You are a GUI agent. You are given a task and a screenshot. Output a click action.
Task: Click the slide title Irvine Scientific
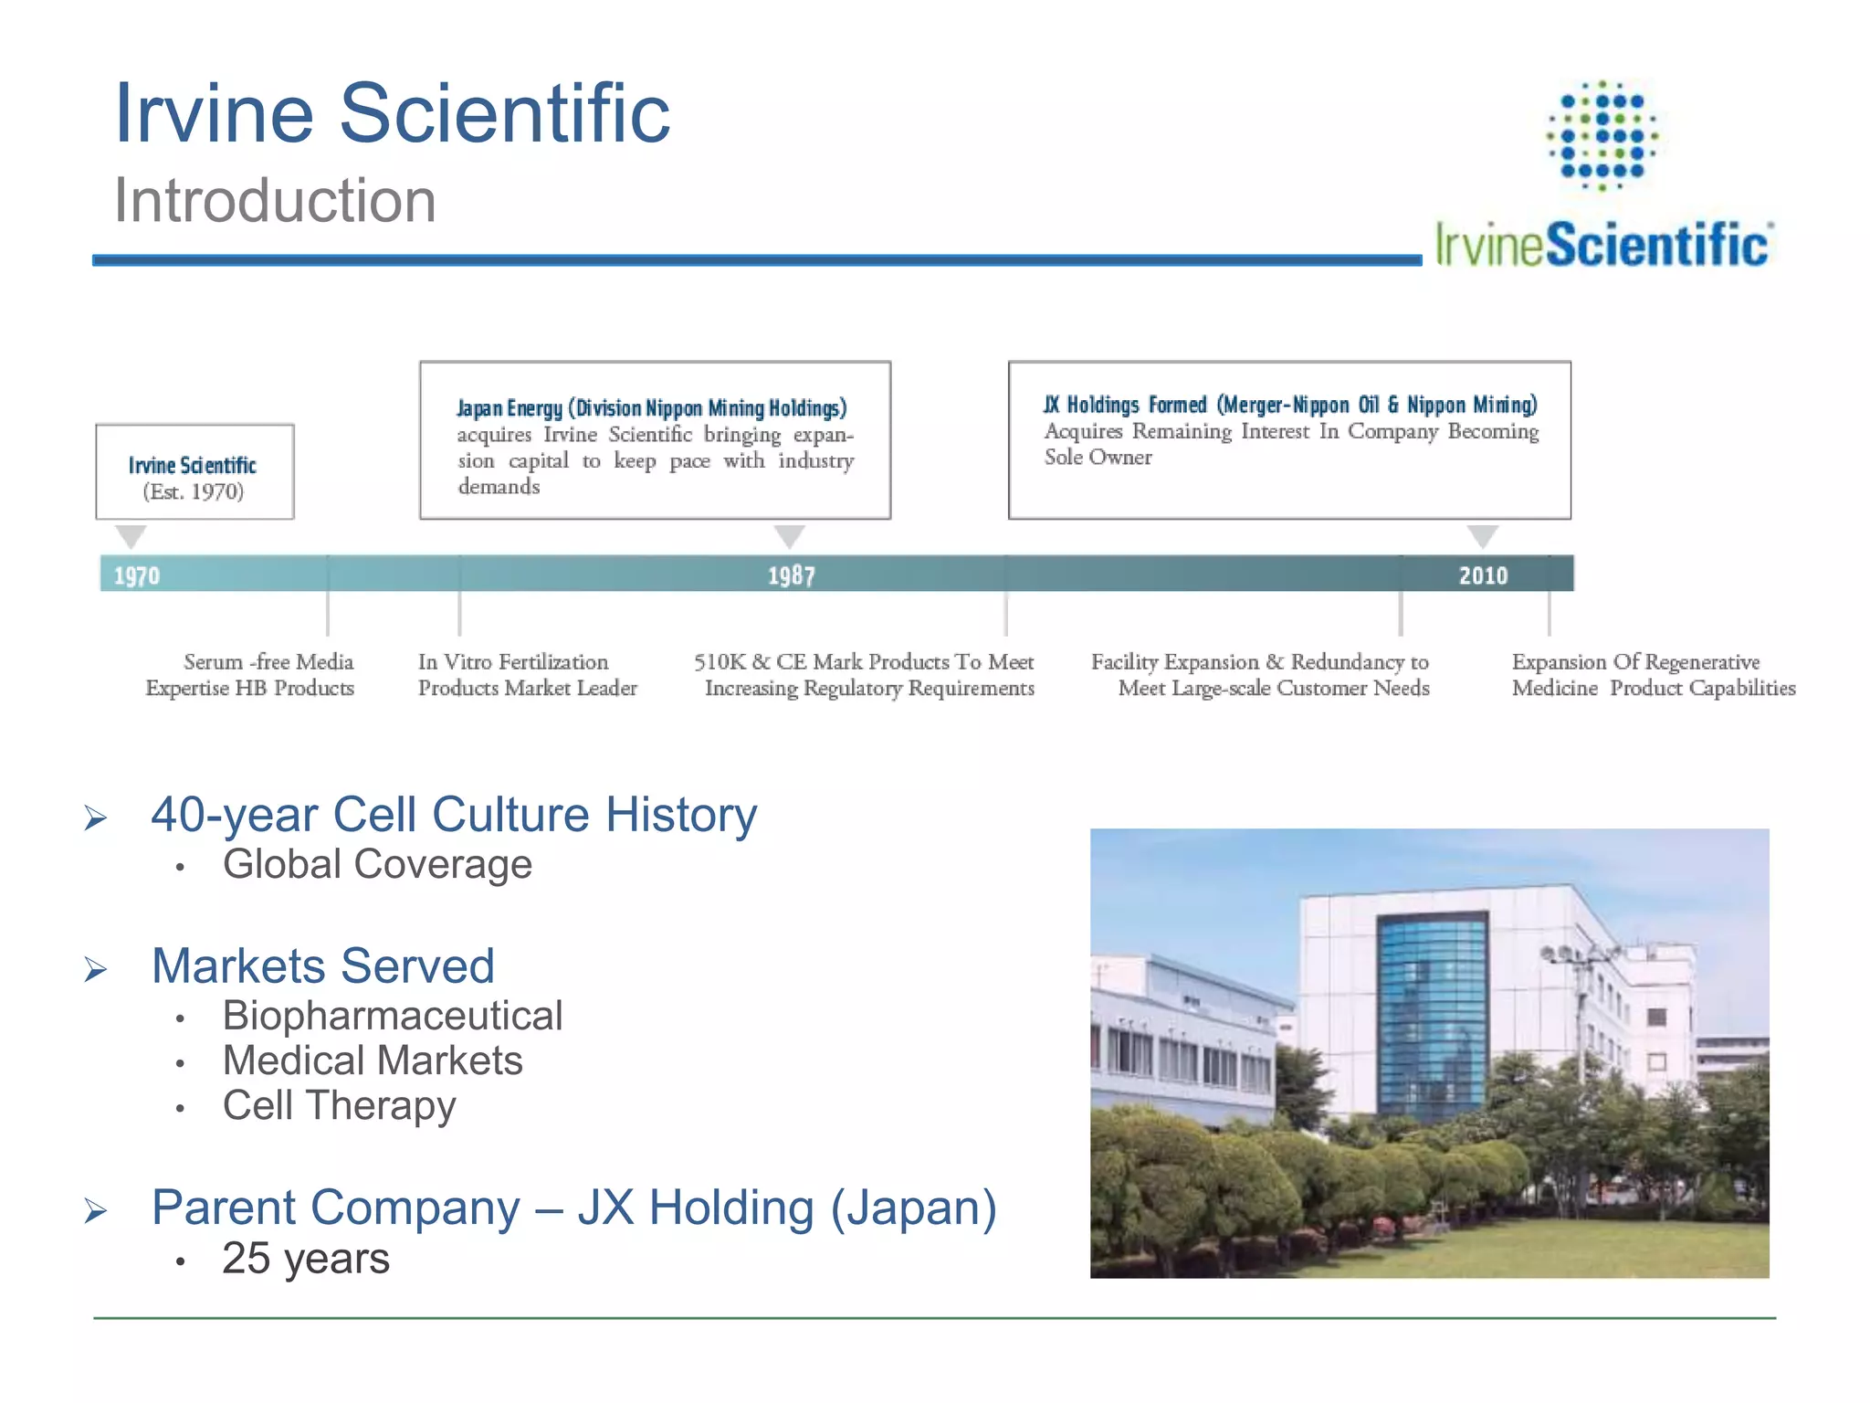tap(392, 113)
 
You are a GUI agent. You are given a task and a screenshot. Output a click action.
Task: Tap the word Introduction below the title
tap(275, 200)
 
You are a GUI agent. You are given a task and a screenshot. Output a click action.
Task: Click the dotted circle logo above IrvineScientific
tap(1602, 135)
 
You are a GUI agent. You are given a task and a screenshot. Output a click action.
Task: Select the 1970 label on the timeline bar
tap(137, 575)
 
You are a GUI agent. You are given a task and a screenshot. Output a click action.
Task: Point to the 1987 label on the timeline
tap(791, 575)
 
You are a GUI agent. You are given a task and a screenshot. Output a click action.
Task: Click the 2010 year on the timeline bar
tap(1483, 575)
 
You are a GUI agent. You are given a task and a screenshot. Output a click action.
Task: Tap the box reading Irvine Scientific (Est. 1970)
tap(194, 472)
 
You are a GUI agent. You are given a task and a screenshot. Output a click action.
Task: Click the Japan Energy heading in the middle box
tap(651, 407)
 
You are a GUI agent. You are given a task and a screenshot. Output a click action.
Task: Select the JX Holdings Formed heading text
tap(1290, 405)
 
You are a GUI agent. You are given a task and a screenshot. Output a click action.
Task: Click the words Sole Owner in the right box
tap(1098, 457)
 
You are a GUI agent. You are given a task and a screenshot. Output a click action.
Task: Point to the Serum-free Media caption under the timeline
tap(250, 674)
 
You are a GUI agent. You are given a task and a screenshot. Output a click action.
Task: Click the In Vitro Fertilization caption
tap(527, 674)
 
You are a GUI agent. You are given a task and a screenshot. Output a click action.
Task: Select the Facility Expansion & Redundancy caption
tap(1261, 674)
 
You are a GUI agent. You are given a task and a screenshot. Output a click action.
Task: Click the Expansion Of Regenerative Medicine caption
tap(1653, 674)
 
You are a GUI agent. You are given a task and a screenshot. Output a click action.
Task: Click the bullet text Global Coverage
tap(377, 864)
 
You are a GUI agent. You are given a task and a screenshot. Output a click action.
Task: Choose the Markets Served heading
tap(323, 965)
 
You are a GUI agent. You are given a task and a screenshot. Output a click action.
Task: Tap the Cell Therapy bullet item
tap(339, 1105)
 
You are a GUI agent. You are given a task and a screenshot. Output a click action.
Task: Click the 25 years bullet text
tap(306, 1259)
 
